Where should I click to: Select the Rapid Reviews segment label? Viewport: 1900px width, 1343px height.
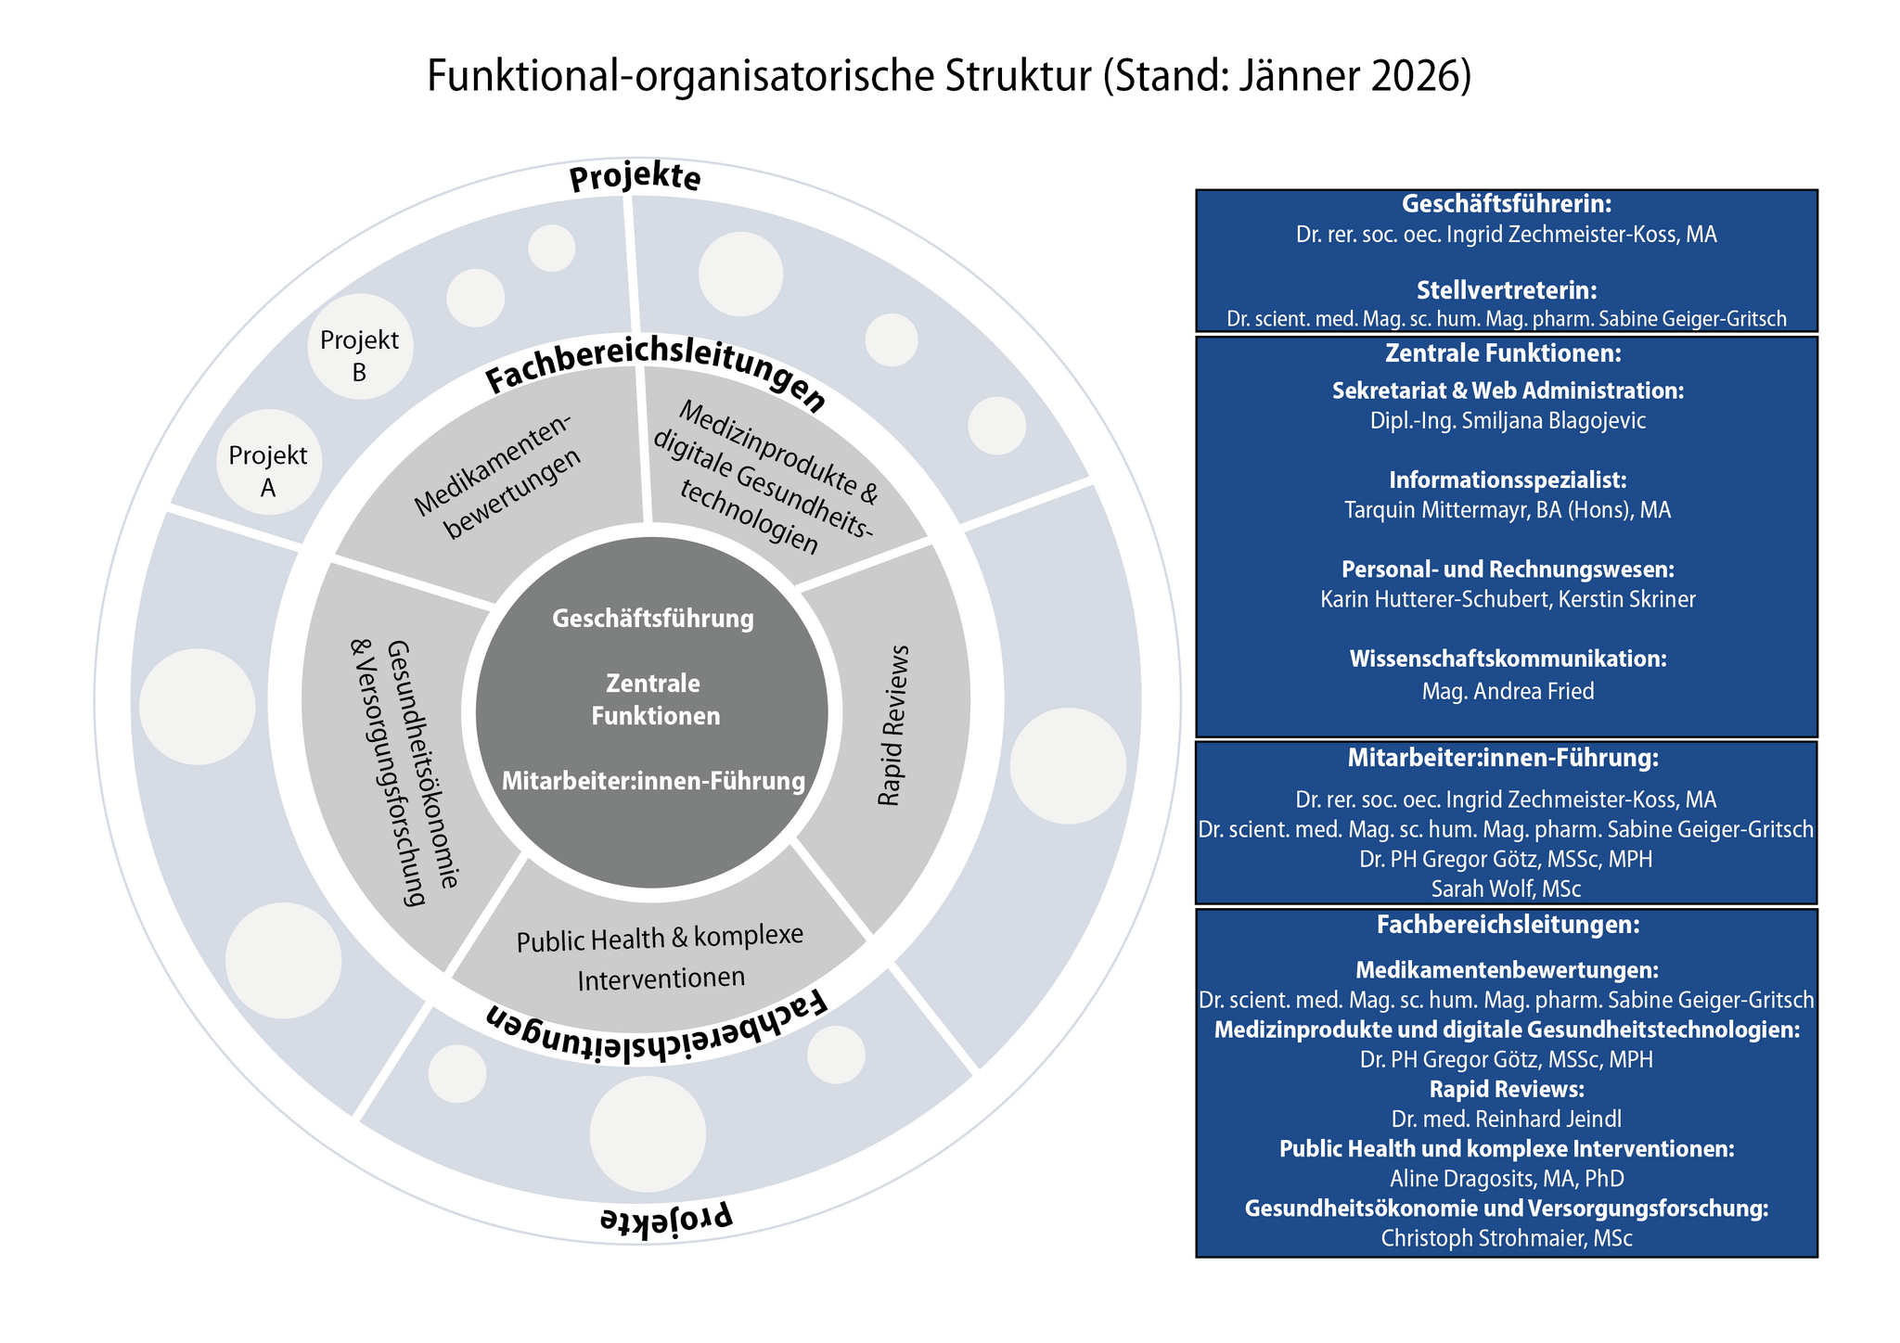(x=892, y=725)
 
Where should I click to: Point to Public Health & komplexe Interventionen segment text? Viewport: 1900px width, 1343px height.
(x=660, y=957)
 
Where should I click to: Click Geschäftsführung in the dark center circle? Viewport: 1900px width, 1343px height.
(x=652, y=619)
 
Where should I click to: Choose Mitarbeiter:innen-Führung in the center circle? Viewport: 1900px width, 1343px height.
(x=652, y=782)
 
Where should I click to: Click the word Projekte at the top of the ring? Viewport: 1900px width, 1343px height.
(x=635, y=178)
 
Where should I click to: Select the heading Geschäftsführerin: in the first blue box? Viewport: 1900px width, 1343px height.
(x=1506, y=204)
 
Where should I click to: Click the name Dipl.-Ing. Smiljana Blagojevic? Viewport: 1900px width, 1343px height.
(x=1508, y=421)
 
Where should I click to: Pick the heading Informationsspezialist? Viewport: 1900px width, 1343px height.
(x=1508, y=480)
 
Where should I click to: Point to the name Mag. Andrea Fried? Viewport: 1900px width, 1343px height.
(x=1508, y=691)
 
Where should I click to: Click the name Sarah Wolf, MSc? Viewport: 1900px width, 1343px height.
(x=1506, y=889)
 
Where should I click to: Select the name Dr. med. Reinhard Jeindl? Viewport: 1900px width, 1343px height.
(x=1506, y=1119)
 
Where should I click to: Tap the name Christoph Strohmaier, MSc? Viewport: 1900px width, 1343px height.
(x=1506, y=1238)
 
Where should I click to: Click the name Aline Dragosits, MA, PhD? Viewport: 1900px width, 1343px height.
(x=1506, y=1179)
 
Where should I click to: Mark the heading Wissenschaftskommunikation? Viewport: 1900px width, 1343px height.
(x=1508, y=659)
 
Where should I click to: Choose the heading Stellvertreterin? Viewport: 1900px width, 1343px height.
(x=1506, y=290)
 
